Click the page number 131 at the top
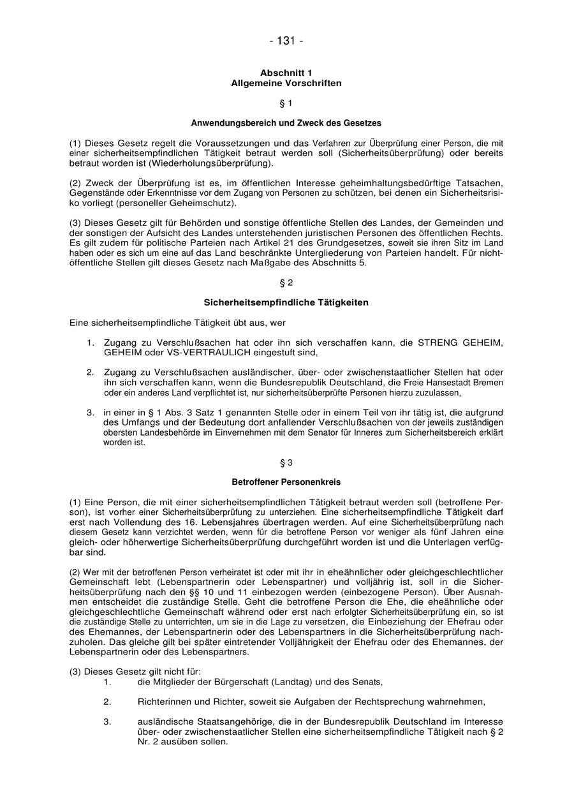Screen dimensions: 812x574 (286, 41)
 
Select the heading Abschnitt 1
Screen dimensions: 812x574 (286, 73)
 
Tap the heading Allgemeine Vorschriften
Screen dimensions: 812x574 (286, 83)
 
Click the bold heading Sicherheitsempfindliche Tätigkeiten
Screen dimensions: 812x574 (286, 302)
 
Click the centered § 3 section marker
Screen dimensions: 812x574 (286, 462)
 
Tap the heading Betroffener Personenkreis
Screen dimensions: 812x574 (286, 482)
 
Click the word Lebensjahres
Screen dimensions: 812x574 (237, 522)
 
